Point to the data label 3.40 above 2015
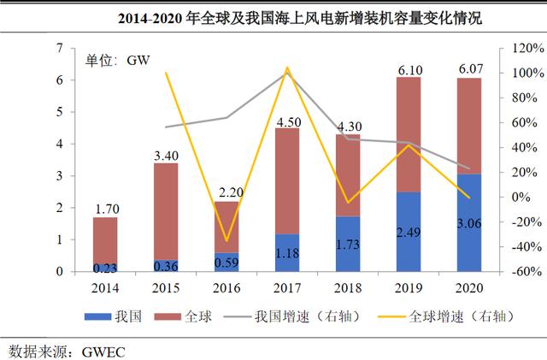click(165, 155)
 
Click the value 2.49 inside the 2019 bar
click(408, 232)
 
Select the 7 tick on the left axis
click(61, 49)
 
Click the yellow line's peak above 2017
click(287, 68)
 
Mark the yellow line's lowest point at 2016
click(226, 241)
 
